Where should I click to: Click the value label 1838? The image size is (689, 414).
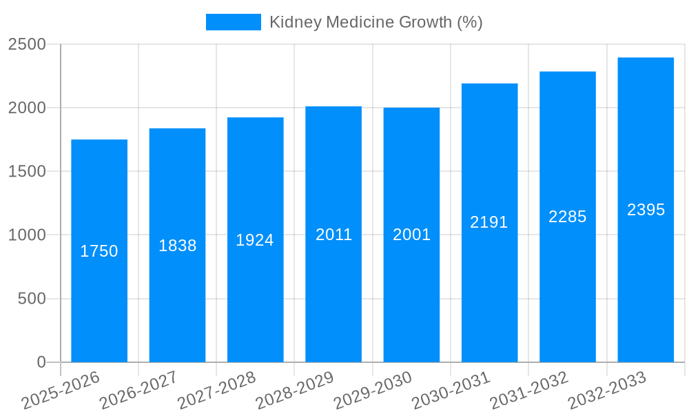(178, 246)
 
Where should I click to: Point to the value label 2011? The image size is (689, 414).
(333, 235)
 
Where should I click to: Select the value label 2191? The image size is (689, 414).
(489, 222)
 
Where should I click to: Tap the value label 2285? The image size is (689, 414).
(567, 217)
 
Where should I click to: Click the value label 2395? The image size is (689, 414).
(646, 210)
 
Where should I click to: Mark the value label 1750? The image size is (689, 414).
(99, 251)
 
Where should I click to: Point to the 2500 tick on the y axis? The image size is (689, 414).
(27, 45)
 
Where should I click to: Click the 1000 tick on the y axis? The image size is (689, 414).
(27, 235)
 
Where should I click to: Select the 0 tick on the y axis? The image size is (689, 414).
(41, 362)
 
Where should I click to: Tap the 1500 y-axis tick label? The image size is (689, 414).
(27, 172)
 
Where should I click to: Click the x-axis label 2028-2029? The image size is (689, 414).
(295, 391)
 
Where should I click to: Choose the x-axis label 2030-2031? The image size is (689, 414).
(451, 391)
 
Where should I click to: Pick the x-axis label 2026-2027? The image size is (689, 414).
(139, 391)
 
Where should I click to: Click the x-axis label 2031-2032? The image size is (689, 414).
(529, 391)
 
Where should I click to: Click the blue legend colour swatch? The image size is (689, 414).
(234, 22)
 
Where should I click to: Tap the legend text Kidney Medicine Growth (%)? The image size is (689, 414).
(376, 22)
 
